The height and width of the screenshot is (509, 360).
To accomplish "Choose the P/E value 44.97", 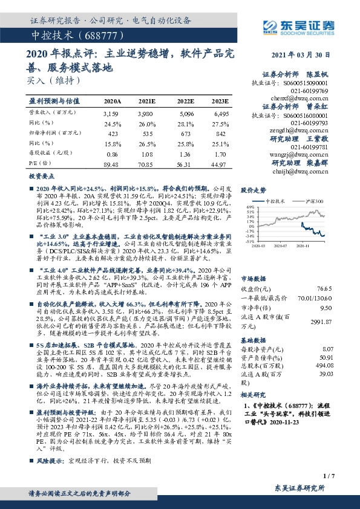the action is point(219,163).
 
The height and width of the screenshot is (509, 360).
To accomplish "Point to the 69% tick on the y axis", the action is point(250,207).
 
